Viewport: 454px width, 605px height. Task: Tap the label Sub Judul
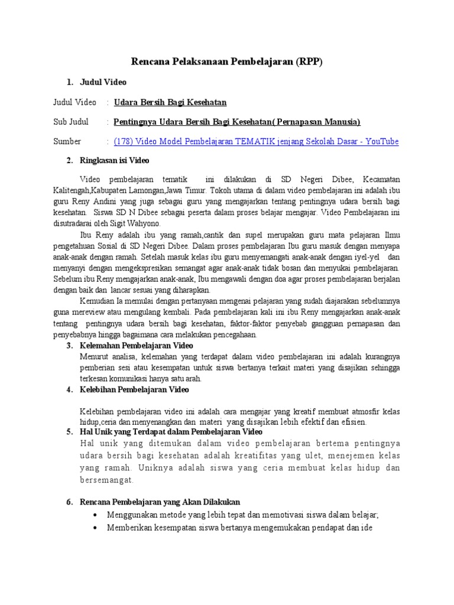(x=71, y=122)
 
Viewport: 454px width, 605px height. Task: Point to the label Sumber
(x=67, y=141)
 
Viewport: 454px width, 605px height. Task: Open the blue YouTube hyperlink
(x=256, y=141)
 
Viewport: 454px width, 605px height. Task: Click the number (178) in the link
(x=124, y=141)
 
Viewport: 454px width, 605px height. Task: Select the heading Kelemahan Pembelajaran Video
(x=137, y=345)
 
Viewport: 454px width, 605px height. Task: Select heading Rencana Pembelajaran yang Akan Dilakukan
(x=160, y=502)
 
